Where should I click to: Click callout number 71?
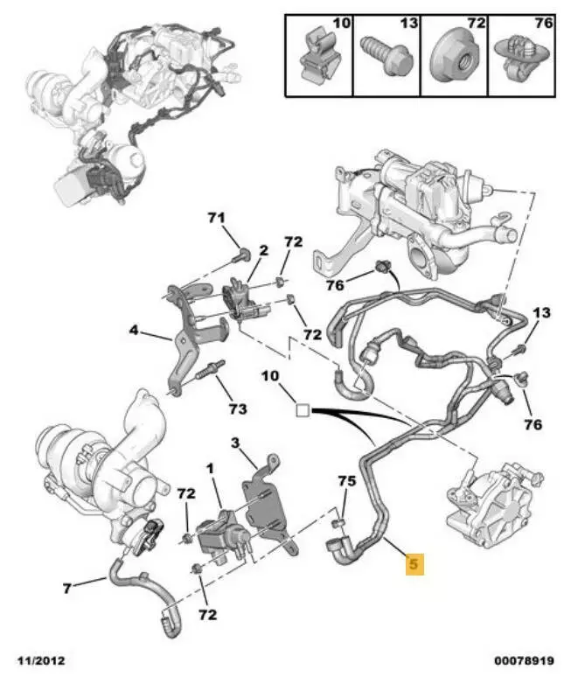click(216, 218)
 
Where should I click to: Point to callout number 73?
click(238, 408)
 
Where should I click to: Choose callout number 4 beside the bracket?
click(134, 331)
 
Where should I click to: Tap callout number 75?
click(347, 480)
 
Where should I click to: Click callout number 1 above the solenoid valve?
click(210, 469)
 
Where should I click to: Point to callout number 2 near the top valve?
click(262, 251)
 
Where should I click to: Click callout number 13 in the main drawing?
click(541, 313)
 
